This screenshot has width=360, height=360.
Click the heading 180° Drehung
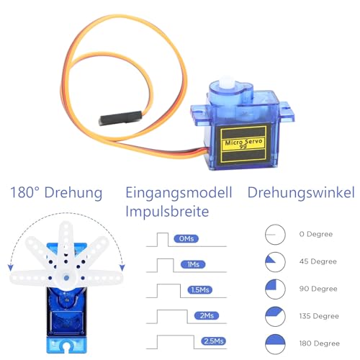click(56, 193)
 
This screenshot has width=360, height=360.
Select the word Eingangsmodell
click(179, 193)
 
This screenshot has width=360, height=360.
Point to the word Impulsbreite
click(167, 212)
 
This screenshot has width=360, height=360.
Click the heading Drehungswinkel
click(300, 193)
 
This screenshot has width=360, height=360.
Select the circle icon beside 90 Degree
click(274, 288)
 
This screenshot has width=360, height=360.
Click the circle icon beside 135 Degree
click(274, 315)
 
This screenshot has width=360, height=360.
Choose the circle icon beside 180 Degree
click(274, 342)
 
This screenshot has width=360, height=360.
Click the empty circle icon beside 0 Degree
click(274, 234)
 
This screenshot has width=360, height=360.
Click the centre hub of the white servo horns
click(67, 276)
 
